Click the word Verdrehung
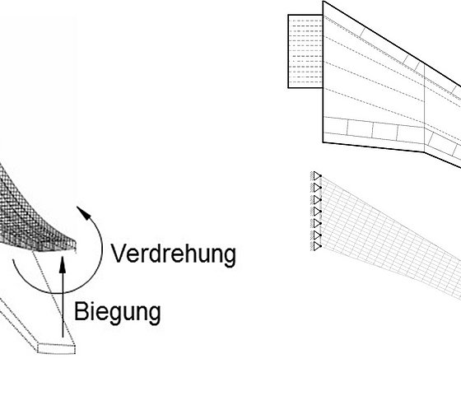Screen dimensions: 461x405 click(x=173, y=254)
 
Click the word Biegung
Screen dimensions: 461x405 click(x=117, y=312)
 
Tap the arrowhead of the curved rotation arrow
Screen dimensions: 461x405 click(x=83, y=212)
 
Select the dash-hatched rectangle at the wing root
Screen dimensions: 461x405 click(x=305, y=51)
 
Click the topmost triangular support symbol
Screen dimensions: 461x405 click(x=317, y=176)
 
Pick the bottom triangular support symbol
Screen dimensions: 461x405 click(x=317, y=246)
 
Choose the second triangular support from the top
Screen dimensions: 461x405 click(x=317, y=188)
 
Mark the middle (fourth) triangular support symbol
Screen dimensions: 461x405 click(x=317, y=212)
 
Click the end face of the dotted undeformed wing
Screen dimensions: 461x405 click(x=57, y=348)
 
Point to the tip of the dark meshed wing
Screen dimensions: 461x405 click(x=75, y=243)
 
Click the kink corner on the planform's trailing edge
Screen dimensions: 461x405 click(x=424, y=152)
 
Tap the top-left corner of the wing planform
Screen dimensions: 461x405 click(x=323, y=1)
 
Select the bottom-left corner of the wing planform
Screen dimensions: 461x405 click(x=323, y=142)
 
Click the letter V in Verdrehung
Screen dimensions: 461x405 click(x=119, y=253)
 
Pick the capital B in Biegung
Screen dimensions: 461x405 click(x=81, y=311)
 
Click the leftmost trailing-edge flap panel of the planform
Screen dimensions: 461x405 click(x=335, y=127)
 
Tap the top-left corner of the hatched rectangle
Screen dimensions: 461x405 click(x=288, y=15)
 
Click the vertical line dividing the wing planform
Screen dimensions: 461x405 click(x=424, y=108)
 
